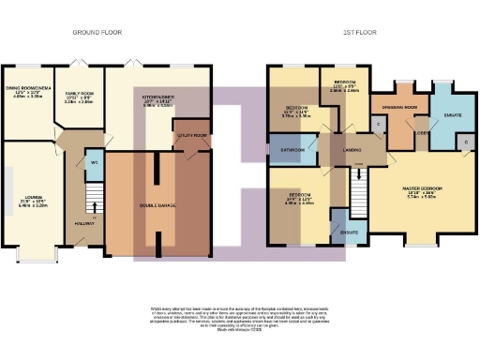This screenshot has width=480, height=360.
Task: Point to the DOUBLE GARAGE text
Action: [x=156, y=204]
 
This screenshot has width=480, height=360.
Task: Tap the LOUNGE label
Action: [x=30, y=198]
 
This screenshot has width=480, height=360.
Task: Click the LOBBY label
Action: [x=422, y=132]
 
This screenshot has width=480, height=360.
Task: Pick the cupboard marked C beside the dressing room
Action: [x=379, y=124]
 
